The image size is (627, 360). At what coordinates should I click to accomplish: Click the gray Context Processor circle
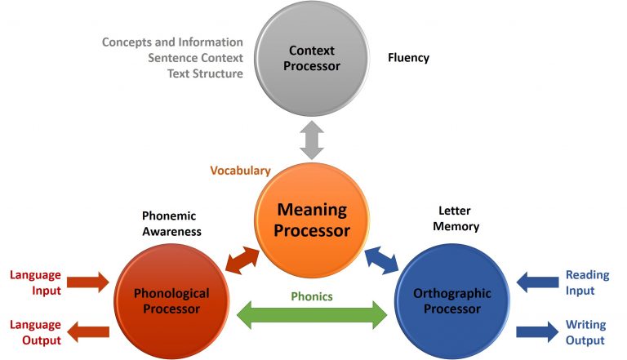click(312, 58)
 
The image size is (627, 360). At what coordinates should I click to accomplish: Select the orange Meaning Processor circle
click(311, 220)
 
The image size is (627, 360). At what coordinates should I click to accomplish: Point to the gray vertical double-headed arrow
click(313, 140)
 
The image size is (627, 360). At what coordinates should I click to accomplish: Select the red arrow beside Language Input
click(87, 283)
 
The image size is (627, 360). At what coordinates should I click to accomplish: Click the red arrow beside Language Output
click(87, 331)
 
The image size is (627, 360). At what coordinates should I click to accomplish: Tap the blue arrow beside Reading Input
click(538, 283)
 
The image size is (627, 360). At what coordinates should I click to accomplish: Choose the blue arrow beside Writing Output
click(538, 331)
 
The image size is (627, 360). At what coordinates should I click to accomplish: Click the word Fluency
click(408, 58)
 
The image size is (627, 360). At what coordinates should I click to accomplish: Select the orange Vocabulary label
click(240, 171)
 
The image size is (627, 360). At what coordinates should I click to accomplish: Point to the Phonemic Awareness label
click(171, 224)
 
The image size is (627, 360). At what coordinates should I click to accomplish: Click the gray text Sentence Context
click(195, 58)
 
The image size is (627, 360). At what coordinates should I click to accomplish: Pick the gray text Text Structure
click(205, 73)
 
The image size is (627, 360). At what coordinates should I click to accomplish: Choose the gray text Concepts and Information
click(172, 42)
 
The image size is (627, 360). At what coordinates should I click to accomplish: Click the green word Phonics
click(312, 296)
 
